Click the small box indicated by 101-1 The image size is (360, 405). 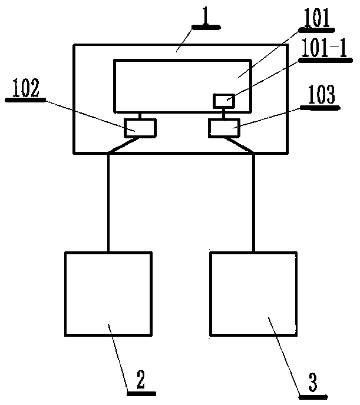[x=223, y=101]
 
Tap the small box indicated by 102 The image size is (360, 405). [x=139, y=127]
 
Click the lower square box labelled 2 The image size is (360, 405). [x=108, y=294]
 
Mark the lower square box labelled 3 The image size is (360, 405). [x=253, y=294]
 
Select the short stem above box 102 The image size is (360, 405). [x=139, y=115]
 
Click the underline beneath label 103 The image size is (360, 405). [x=319, y=108]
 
